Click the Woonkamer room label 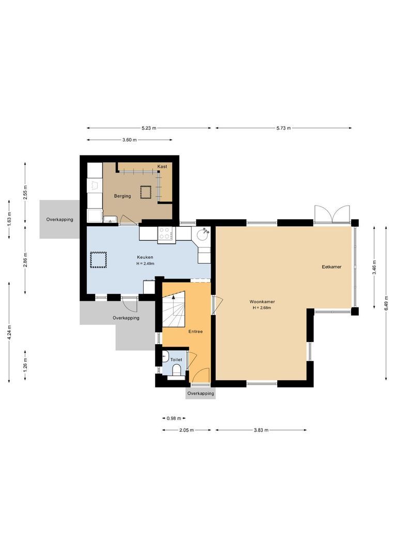(x=262, y=301)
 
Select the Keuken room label (x=145, y=257)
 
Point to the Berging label (x=123, y=196)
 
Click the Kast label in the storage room (x=162, y=166)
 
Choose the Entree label (x=195, y=331)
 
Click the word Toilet (x=176, y=359)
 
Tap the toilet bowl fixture (x=177, y=370)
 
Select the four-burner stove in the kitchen (x=166, y=234)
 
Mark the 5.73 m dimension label (x=284, y=128)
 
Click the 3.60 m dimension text (x=129, y=140)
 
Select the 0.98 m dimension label (x=174, y=419)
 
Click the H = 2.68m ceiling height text (x=262, y=307)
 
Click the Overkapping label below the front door (x=201, y=393)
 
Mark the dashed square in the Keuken (x=98, y=259)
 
